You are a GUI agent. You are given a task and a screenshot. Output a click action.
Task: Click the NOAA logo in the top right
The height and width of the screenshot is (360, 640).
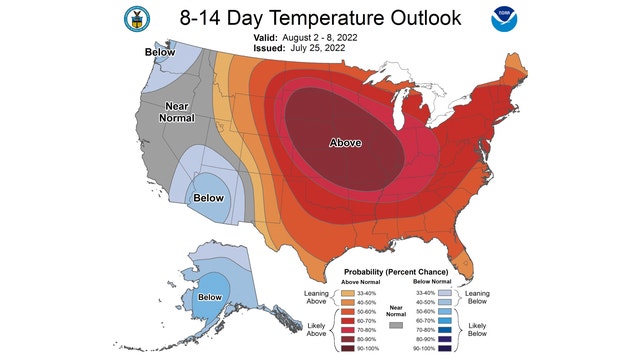click(x=500, y=19)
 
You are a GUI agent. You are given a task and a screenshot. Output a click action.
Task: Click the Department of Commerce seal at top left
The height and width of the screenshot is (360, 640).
click(x=133, y=19)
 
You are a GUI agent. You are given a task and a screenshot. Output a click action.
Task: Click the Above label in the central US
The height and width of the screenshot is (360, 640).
click(x=347, y=143)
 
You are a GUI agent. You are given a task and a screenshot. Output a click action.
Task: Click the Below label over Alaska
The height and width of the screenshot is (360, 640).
click(x=210, y=297)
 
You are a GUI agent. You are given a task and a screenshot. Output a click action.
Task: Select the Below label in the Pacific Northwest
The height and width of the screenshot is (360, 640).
click(x=160, y=51)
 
